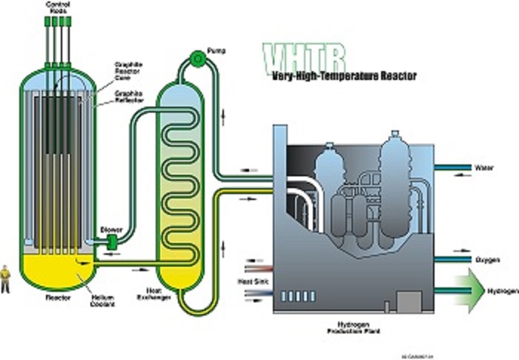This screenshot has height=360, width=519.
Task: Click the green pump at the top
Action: pyautogui.click(x=197, y=57)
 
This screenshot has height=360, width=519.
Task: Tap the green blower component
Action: pyautogui.click(x=113, y=241)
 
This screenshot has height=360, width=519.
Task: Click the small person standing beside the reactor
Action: pyautogui.click(x=7, y=278)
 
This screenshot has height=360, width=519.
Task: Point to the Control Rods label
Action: pyautogui.click(x=59, y=9)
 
